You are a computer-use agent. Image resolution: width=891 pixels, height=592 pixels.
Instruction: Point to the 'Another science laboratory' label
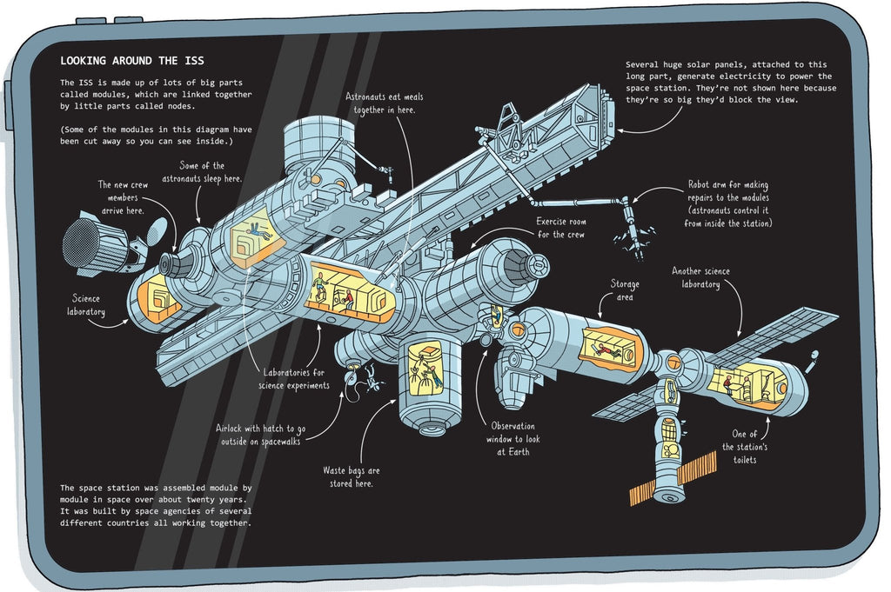tap(700, 277)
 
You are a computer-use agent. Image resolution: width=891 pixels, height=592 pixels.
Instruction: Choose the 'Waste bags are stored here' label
tap(351, 476)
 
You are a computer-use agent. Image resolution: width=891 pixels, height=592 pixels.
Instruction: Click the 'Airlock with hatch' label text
tap(262, 435)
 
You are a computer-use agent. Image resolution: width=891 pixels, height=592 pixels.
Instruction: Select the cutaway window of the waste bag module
tap(424, 367)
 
